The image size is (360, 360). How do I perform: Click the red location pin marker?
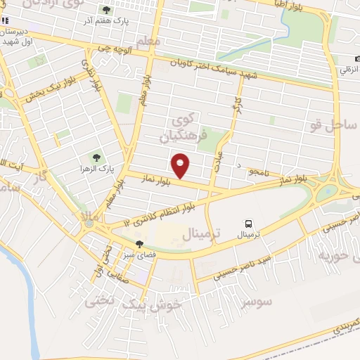tap(181, 165)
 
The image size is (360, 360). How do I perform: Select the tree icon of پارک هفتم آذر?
tap(106, 10)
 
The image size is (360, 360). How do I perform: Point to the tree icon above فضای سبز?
tap(139, 243)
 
